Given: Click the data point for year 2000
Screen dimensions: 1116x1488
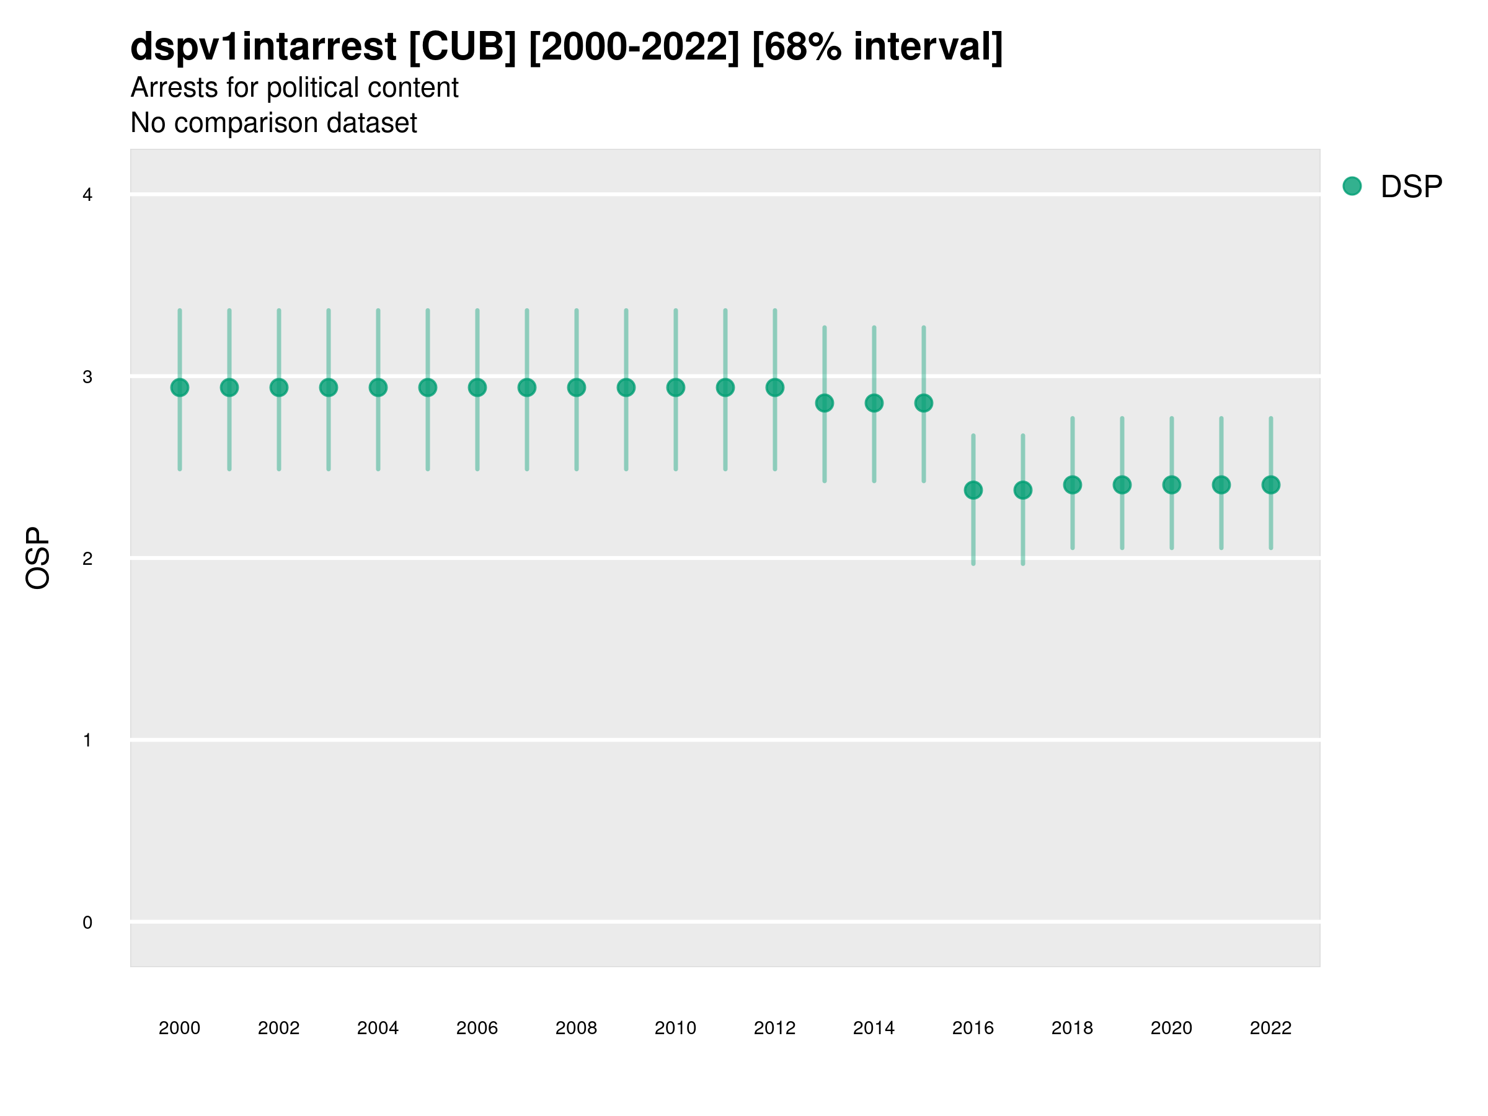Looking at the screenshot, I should (x=180, y=387).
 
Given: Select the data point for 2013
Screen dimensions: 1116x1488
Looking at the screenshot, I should (x=824, y=403).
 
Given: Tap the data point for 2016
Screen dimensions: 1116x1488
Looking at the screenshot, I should (x=973, y=490).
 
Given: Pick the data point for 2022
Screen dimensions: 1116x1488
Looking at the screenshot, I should (x=1271, y=484).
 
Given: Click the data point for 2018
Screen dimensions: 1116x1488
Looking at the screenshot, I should (x=1072, y=484).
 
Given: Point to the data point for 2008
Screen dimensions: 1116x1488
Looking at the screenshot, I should (x=577, y=387).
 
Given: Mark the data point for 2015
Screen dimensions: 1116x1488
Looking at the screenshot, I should (x=924, y=403).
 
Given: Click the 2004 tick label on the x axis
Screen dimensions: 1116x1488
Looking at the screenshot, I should (x=378, y=1028).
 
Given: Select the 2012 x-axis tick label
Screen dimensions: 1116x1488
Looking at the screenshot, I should (x=774, y=1028).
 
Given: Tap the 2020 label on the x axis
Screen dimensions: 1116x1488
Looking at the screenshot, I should (x=1171, y=1028).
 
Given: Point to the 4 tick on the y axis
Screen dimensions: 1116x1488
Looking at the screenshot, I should (x=87, y=195).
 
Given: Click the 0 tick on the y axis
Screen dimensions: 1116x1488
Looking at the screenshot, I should (x=87, y=923).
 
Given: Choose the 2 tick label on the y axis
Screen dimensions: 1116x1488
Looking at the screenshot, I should (x=87, y=559).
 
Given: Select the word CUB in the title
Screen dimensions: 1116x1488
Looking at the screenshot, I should (x=462, y=46).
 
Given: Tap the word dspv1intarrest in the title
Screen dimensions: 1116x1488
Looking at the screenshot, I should (x=263, y=46).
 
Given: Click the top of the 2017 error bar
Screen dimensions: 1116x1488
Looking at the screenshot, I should (x=1022, y=435).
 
